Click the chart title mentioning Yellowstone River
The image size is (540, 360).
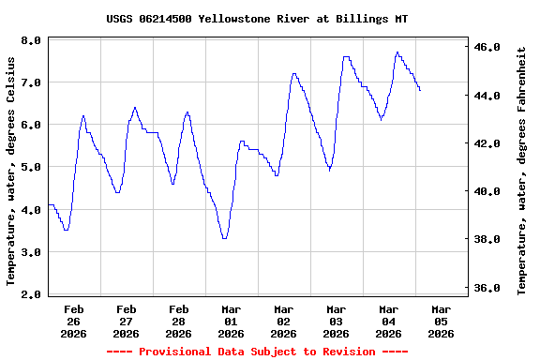coord(257,19)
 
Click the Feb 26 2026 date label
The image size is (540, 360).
coord(73,321)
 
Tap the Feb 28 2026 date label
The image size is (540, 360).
coord(178,321)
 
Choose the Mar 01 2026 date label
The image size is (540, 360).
coord(231,321)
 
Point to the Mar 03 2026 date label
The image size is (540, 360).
coord(336,321)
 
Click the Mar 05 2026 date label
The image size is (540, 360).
coord(441,321)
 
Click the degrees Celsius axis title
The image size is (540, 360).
coord(11,169)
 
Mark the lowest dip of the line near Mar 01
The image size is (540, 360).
coord(224,238)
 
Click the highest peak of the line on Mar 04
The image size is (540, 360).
coord(397,52)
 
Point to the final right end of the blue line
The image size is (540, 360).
coord(420,90)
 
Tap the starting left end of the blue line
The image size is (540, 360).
coord(49,204)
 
